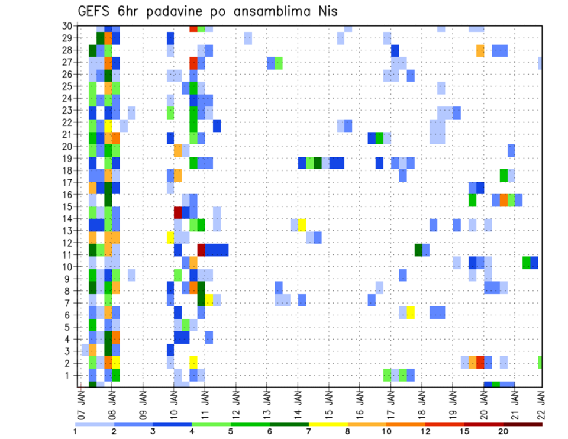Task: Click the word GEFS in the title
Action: (96, 11)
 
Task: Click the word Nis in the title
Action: (326, 11)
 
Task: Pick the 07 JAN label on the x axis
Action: (81, 404)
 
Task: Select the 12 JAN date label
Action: (235, 404)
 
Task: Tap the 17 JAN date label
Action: (390, 404)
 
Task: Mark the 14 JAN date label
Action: (297, 404)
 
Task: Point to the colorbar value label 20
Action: (503, 431)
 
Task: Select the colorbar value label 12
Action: (425, 431)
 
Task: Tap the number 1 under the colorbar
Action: (75, 431)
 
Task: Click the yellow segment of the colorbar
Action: (328, 424)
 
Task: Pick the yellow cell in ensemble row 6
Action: (411, 312)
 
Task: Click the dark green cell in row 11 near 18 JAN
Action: (418, 250)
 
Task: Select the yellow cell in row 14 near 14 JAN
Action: (302, 225)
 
